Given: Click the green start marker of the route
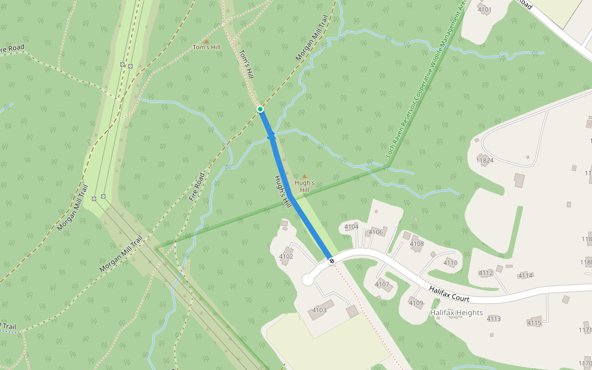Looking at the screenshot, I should pos(260,109).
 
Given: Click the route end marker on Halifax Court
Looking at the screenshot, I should pos(332,261).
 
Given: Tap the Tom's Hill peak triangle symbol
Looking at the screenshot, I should pos(207,41).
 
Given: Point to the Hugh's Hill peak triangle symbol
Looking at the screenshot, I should pos(304,176).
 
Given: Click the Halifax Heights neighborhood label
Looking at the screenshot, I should pos(456,313).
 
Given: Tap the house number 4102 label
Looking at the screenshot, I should pos(286,257).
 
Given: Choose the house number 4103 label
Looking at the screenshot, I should pos(319,310).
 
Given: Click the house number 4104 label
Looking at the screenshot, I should pos(351,227).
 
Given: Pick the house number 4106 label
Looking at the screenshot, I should pos(376,232).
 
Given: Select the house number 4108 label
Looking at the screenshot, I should pos(417,244).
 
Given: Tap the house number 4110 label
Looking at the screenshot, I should pos(450,263).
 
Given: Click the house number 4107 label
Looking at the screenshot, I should pos(382,284).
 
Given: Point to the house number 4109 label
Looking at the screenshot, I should pos(416,303).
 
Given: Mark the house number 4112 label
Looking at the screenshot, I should pos(486,273).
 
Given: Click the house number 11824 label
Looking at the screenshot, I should pos(485,160).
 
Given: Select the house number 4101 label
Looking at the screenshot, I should pos(485,9).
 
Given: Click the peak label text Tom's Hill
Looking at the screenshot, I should pos(207,47).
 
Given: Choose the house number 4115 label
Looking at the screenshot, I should pos(534,323).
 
